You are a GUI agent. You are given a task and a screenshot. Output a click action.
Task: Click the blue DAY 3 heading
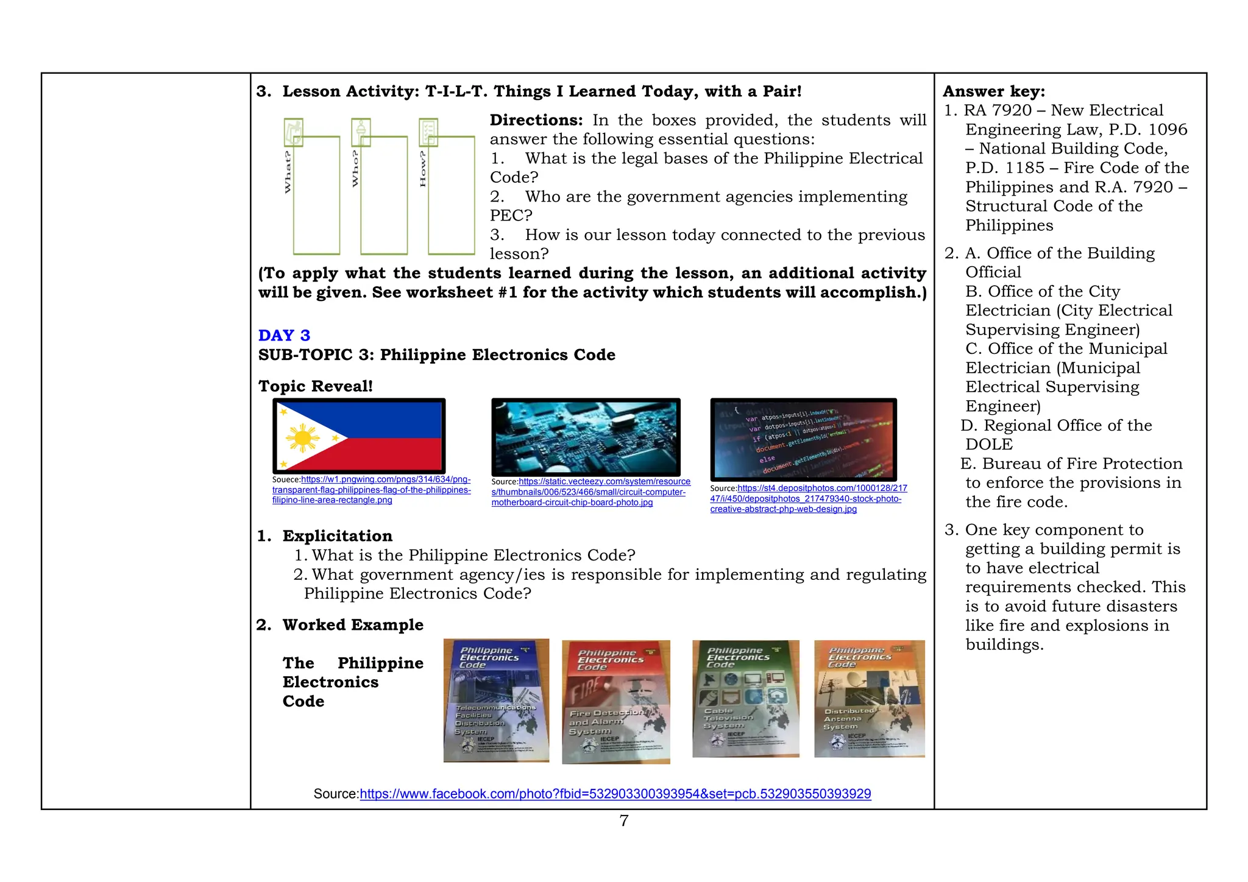(x=284, y=336)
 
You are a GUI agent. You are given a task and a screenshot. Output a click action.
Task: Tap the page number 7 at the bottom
(x=623, y=820)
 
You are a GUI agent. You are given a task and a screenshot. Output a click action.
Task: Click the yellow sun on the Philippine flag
(x=302, y=438)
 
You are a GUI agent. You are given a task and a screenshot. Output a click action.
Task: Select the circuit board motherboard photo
(x=586, y=437)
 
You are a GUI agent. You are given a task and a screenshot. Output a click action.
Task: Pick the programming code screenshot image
(x=803, y=439)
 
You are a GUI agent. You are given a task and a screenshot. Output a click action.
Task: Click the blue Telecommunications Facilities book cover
(x=496, y=700)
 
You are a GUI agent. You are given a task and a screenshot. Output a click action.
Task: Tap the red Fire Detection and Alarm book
(x=615, y=702)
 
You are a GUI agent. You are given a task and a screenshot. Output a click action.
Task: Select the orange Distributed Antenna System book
(x=869, y=698)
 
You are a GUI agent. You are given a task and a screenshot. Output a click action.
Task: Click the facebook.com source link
(x=615, y=794)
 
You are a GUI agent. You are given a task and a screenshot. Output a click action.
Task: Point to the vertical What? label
(x=288, y=172)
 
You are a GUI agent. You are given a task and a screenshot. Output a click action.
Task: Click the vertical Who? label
(x=355, y=169)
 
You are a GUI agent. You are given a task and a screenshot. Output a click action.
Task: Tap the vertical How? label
(x=423, y=169)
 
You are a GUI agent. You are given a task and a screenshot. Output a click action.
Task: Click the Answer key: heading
(x=993, y=91)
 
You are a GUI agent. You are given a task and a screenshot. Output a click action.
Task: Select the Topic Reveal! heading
(x=315, y=386)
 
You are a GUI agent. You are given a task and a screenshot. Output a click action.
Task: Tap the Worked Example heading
(x=352, y=625)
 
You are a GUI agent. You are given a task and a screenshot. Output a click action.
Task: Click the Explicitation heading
(x=337, y=536)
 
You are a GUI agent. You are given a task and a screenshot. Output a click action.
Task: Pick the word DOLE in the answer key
(x=988, y=445)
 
